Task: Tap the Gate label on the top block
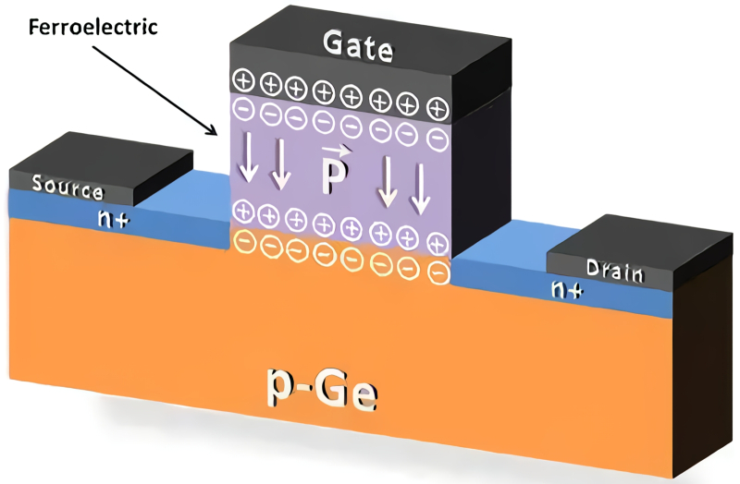(x=358, y=42)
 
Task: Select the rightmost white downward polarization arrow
(x=420, y=188)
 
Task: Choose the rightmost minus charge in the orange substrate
(x=439, y=274)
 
